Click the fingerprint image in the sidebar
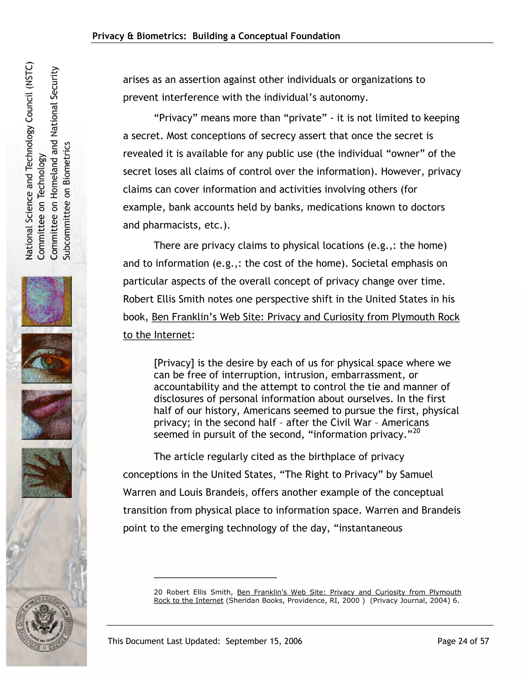click(46, 301)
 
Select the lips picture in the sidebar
click(46, 414)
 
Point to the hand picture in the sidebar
click(46, 472)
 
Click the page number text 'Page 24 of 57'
click(463, 641)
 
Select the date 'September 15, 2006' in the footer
click(264, 641)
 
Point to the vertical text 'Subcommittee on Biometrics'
click(67, 201)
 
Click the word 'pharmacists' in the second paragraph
click(170, 225)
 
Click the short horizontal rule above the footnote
click(215, 578)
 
